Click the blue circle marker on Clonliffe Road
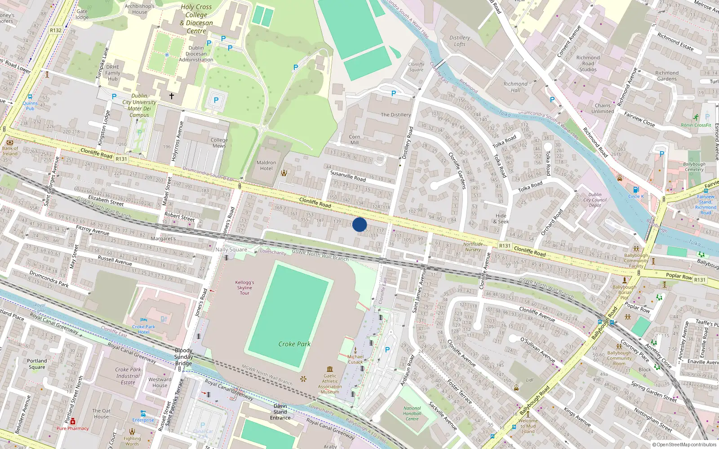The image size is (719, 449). [x=359, y=224]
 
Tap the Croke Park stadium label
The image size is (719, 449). [x=294, y=344]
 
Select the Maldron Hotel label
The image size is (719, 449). [x=266, y=166]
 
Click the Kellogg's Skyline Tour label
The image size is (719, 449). [x=244, y=288]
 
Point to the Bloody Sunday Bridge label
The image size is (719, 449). [x=183, y=357]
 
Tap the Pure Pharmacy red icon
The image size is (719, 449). [x=73, y=422]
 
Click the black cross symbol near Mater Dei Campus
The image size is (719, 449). [x=171, y=96]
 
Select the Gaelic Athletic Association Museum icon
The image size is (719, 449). [x=330, y=369]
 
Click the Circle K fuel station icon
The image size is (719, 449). [x=636, y=190]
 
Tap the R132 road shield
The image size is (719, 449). [x=56, y=31]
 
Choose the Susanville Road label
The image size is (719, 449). [x=348, y=176]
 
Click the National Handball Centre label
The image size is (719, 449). [x=412, y=414]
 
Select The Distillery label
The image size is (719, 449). [x=396, y=115]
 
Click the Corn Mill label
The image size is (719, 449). [x=355, y=140]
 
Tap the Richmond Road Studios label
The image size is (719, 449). [x=588, y=63]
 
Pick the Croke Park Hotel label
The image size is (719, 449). [x=143, y=329]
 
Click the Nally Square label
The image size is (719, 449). [x=231, y=250]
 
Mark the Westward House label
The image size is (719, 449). [x=160, y=382]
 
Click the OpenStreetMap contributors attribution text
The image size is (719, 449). [x=686, y=445]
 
